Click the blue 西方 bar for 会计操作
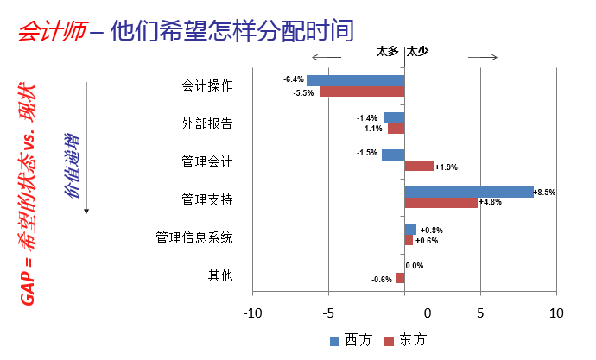pos(355,80)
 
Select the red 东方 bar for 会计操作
pos(362,92)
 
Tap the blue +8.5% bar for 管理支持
pos(469,192)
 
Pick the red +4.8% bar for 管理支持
pos(441,203)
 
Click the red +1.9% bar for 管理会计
pos(419,166)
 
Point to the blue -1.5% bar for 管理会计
pos(393,155)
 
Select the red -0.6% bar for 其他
pos(400,278)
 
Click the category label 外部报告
pos(206,123)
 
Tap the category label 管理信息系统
pos(194,237)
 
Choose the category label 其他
pos(220,276)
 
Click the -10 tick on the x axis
pos(252,313)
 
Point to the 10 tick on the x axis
pos(557,313)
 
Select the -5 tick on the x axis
pos(328,313)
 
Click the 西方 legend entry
pos(350,340)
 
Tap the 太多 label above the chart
pos(388,51)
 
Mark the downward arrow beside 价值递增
pos(86,147)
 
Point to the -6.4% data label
pos(294,79)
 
